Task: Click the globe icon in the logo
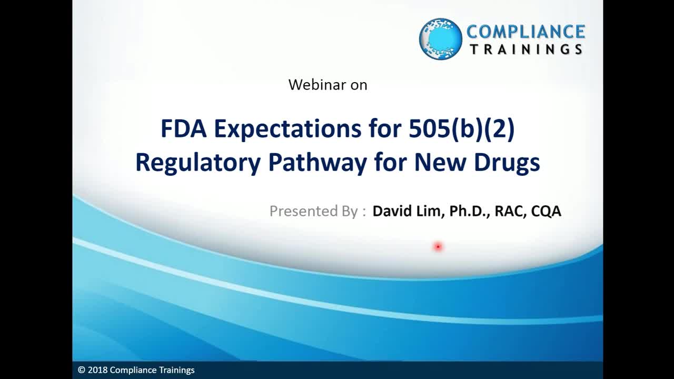441,39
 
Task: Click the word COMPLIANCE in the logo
526,32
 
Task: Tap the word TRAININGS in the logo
527,49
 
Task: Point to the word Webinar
317,85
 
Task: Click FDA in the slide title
184,128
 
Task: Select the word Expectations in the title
288,130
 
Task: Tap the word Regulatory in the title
198,163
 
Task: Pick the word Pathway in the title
318,163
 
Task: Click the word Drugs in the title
507,163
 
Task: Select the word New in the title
440,163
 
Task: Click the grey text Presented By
313,211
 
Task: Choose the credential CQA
546,211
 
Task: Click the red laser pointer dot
438,247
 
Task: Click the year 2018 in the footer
97,370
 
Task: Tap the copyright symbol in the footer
81,370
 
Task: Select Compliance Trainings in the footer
152,370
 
